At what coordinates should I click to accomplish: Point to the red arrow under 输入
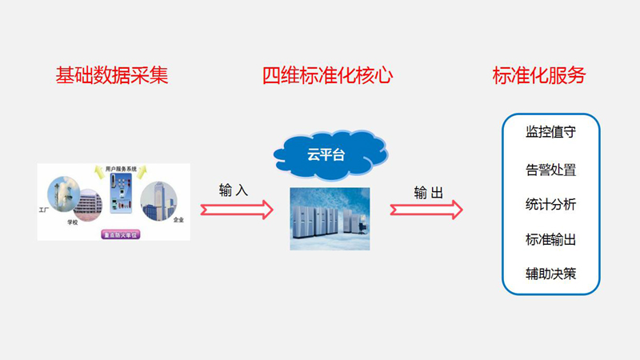pyautogui.click(x=236, y=210)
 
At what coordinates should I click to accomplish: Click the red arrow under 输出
pyautogui.click(x=426, y=210)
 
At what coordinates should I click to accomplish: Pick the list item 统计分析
pyautogui.click(x=550, y=205)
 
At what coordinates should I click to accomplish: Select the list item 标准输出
pyautogui.click(x=550, y=240)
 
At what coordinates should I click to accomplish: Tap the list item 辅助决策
pyautogui.click(x=550, y=274)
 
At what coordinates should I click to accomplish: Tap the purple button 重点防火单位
pyautogui.click(x=121, y=235)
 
